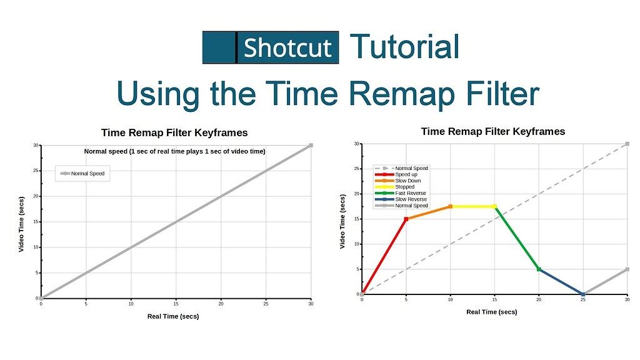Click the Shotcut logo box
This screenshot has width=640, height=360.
pyautogui.click(x=271, y=47)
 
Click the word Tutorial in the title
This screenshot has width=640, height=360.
pyautogui.click(x=404, y=47)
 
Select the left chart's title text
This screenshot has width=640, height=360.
pyautogui.click(x=174, y=132)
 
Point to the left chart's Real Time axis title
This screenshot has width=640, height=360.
pyautogui.click(x=173, y=316)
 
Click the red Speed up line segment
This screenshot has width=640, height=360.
pyautogui.click(x=384, y=256)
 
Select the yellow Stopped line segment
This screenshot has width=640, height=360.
pyautogui.click(x=472, y=206)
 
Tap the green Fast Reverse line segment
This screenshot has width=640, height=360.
pyautogui.click(x=517, y=237)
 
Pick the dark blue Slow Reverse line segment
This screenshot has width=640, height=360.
pyautogui.click(x=561, y=282)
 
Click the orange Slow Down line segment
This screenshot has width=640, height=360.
pyautogui.click(x=428, y=212)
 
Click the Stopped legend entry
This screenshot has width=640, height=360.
pyautogui.click(x=404, y=187)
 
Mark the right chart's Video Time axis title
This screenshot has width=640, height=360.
pyautogui.click(x=342, y=221)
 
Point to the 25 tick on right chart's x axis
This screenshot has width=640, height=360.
pyautogui.click(x=583, y=300)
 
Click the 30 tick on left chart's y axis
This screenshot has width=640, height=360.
pyautogui.click(x=36, y=146)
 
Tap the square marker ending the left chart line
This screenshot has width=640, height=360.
pyautogui.click(x=311, y=145)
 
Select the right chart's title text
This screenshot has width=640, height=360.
pyautogui.click(x=492, y=131)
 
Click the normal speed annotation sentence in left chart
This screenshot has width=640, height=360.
pyautogui.click(x=174, y=151)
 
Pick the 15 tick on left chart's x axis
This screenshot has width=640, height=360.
pyautogui.click(x=176, y=304)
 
